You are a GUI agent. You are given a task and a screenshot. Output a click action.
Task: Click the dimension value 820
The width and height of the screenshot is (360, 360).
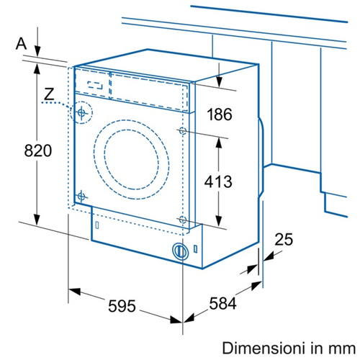pos(38,150)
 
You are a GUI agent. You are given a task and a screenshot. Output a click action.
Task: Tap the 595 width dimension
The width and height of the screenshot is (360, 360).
pos(122,306)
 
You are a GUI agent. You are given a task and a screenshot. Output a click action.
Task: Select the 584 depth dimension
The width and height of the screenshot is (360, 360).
pos(222,303)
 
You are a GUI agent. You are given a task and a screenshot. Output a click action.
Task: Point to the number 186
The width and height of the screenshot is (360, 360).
pos(220,114)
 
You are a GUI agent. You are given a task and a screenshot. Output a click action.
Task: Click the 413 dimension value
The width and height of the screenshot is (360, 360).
pos(218,181)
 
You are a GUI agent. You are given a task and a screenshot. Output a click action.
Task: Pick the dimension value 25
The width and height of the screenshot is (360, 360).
pos(284,240)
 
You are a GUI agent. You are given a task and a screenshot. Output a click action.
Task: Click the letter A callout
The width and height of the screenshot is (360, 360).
pos(21,44)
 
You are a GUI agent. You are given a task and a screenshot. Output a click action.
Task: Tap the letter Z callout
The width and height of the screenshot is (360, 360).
pos(49,94)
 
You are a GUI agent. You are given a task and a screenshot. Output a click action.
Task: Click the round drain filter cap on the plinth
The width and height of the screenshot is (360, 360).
pos(180,251)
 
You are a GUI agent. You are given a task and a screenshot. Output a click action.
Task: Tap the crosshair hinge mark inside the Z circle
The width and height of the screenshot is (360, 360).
pos(81,112)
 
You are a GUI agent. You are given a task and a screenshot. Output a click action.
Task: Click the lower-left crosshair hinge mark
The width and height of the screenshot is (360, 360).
pos(81,197)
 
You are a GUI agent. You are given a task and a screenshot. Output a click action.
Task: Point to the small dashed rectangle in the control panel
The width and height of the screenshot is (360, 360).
pos(95,85)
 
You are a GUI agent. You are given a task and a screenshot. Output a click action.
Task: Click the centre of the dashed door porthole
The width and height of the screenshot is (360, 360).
pos(132,160)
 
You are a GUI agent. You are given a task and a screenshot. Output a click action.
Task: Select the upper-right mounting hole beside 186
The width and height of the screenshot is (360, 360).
pos(183,131)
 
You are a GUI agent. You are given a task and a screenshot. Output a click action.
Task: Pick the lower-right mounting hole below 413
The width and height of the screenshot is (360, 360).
pos(183,220)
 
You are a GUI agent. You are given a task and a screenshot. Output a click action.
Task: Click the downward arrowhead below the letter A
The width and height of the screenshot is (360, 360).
pos(37,51)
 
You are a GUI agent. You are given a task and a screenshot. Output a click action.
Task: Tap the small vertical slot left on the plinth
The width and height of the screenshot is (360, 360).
pos(97,225)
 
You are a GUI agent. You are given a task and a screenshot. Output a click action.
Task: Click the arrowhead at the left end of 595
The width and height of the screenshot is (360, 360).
pos(74,292)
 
